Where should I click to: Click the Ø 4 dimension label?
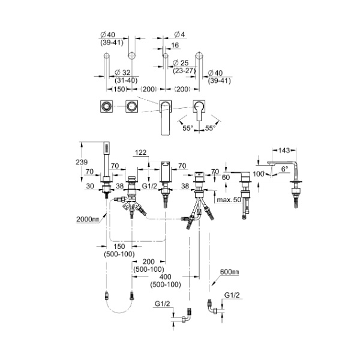pyautogui.click(x=178, y=34)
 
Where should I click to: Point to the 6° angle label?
pyautogui.click(x=286, y=170)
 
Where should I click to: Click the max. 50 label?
pyautogui.click(x=227, y=199)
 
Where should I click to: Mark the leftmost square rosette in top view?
pyautogui.click(x=106, y=107)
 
